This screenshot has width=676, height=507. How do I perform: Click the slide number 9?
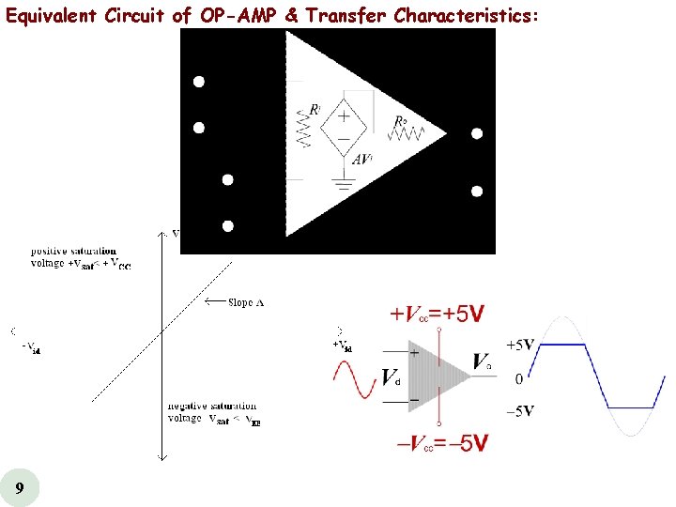(x=20, y=488)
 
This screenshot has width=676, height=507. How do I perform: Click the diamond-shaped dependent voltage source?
(x=344, y=130)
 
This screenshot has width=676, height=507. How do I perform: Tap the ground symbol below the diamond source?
(x=344, y=185)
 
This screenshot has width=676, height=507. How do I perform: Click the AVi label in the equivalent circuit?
(x=364, y=160)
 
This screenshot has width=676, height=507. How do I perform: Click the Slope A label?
(x=246, y=302)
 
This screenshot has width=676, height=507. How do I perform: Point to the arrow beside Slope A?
(x=215, y=302)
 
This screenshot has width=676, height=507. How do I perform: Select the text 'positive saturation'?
(x=73, y=251)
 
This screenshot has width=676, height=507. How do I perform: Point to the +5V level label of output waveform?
(x=520, y=346)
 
